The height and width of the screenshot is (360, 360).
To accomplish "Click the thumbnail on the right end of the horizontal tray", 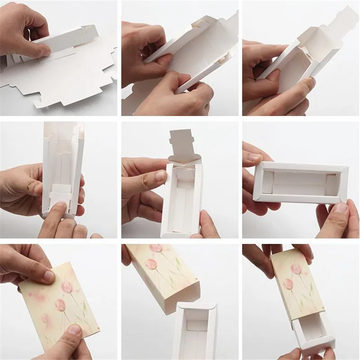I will click(x=340, y=207).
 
